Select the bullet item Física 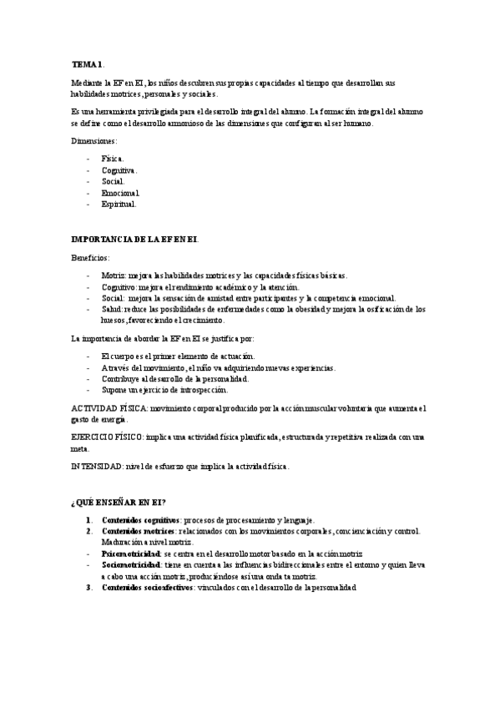(112, 158)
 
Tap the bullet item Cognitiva (119, 169)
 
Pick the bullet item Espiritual (119, 204)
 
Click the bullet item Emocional (120, 192)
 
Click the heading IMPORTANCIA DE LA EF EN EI (134, 240)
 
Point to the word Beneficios (90, 258)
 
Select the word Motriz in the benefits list (113, 276)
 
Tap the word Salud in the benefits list (112, 309)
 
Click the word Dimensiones (93, 140)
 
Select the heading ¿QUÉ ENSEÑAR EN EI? (119, 502)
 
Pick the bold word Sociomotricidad (132, 564)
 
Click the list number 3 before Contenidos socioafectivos (88, 587)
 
